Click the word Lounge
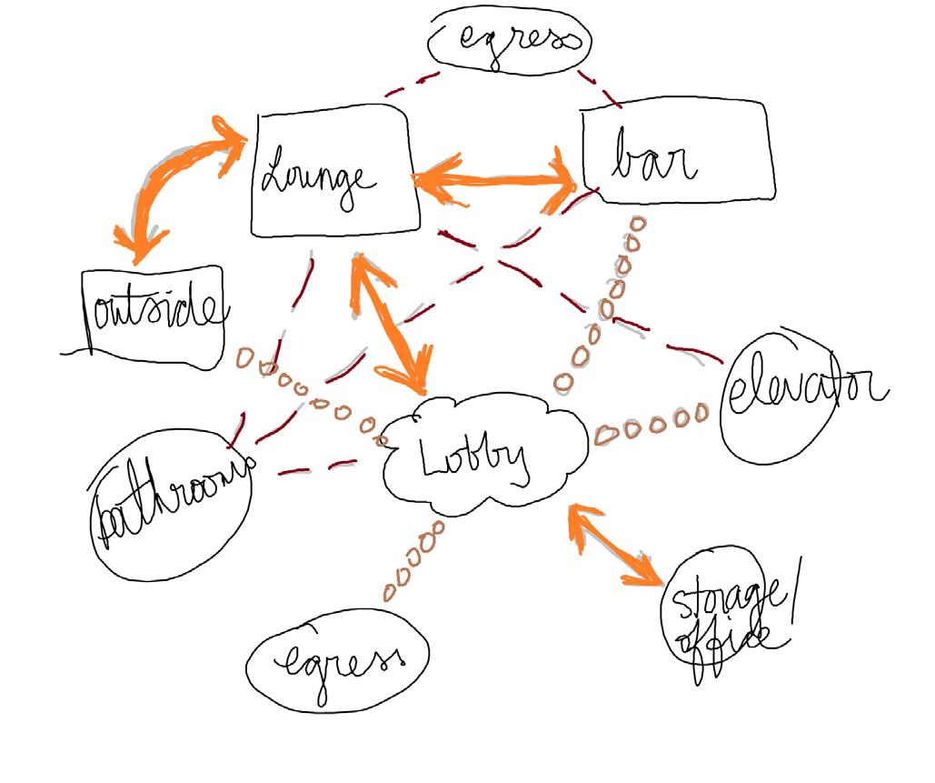pyautogui.click(x=318, y=177)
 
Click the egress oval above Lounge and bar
pyautogui.click(x=508, y=41)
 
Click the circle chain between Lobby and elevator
pyautogui.click(x=650, y=420)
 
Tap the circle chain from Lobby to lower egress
pyautogui.click(x=413, y=559)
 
